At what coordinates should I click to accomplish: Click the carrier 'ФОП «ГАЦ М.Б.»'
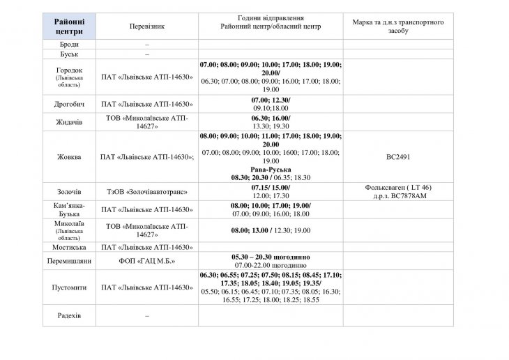click(x=146, y=261)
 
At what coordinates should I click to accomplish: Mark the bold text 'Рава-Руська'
click(x=271, y=170)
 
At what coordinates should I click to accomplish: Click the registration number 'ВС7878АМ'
click(x=411, y=195)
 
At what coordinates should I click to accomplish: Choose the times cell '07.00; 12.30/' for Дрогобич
click(x=271, y=100)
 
